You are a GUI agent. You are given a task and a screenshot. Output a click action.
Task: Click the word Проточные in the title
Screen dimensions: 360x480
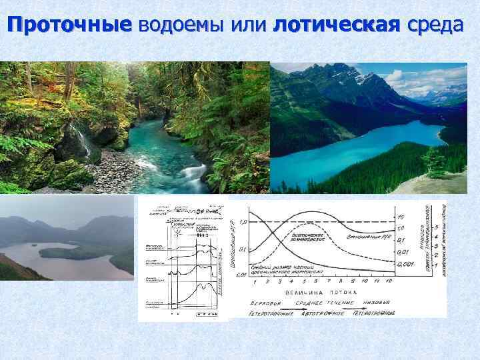(70, 25)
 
